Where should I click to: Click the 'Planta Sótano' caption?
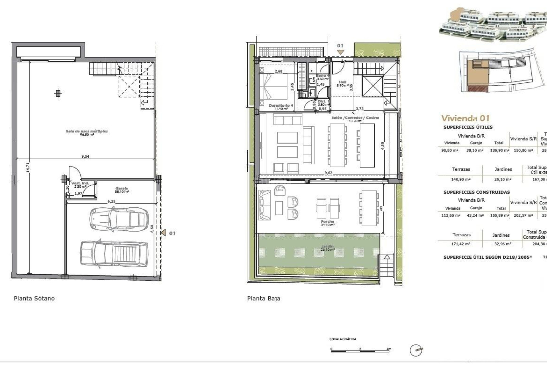tap(34, 298)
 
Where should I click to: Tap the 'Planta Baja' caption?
tap(264, 298)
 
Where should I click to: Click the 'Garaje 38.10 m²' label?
tap(122, 190)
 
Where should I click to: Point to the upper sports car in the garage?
tap(119, 219)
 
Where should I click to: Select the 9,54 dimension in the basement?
tap(85, 156)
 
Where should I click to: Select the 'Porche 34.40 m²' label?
tap(327, 223)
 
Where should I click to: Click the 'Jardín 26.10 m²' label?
tap(327, 248)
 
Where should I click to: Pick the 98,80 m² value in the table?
tap(450, 150)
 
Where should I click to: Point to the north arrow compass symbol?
tap(416, 350)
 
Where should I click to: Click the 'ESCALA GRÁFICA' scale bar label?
tap(343, 339)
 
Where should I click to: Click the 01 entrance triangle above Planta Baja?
tap(340, 52)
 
